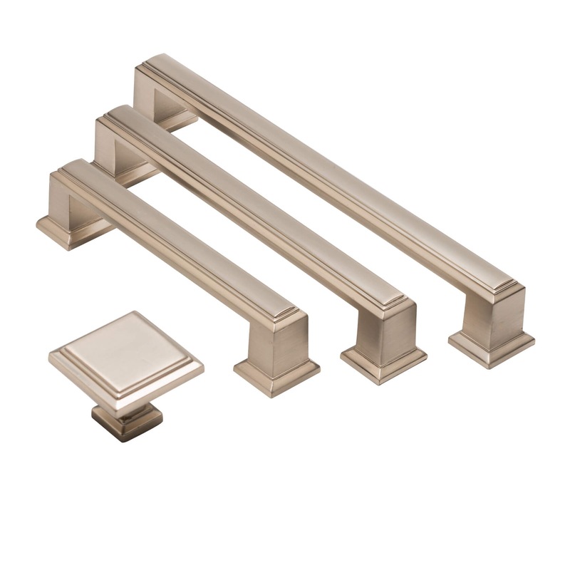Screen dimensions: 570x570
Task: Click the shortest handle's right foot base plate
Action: (276, 375)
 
